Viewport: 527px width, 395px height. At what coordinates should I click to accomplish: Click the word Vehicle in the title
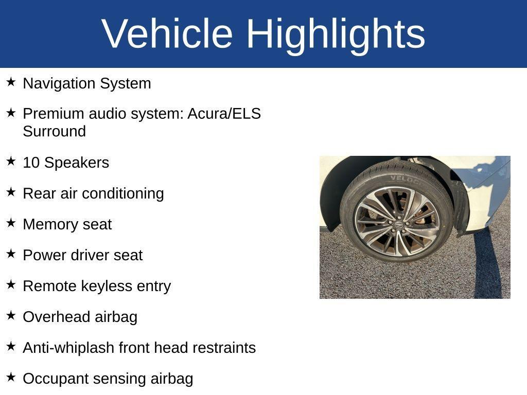coord(167,33)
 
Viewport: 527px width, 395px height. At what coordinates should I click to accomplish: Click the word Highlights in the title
coord(336,34)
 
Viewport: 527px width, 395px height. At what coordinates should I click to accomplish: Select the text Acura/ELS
coord(224,113)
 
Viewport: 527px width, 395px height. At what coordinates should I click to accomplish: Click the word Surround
coord(54,131)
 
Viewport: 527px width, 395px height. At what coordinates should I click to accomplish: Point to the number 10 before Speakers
coord(31,163)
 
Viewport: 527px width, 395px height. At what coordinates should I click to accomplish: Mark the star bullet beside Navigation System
coord(11,81)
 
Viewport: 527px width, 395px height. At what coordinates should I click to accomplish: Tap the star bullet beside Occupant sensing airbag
coord(11,376)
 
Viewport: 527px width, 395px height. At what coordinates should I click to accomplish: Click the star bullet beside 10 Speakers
coord(11,160)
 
